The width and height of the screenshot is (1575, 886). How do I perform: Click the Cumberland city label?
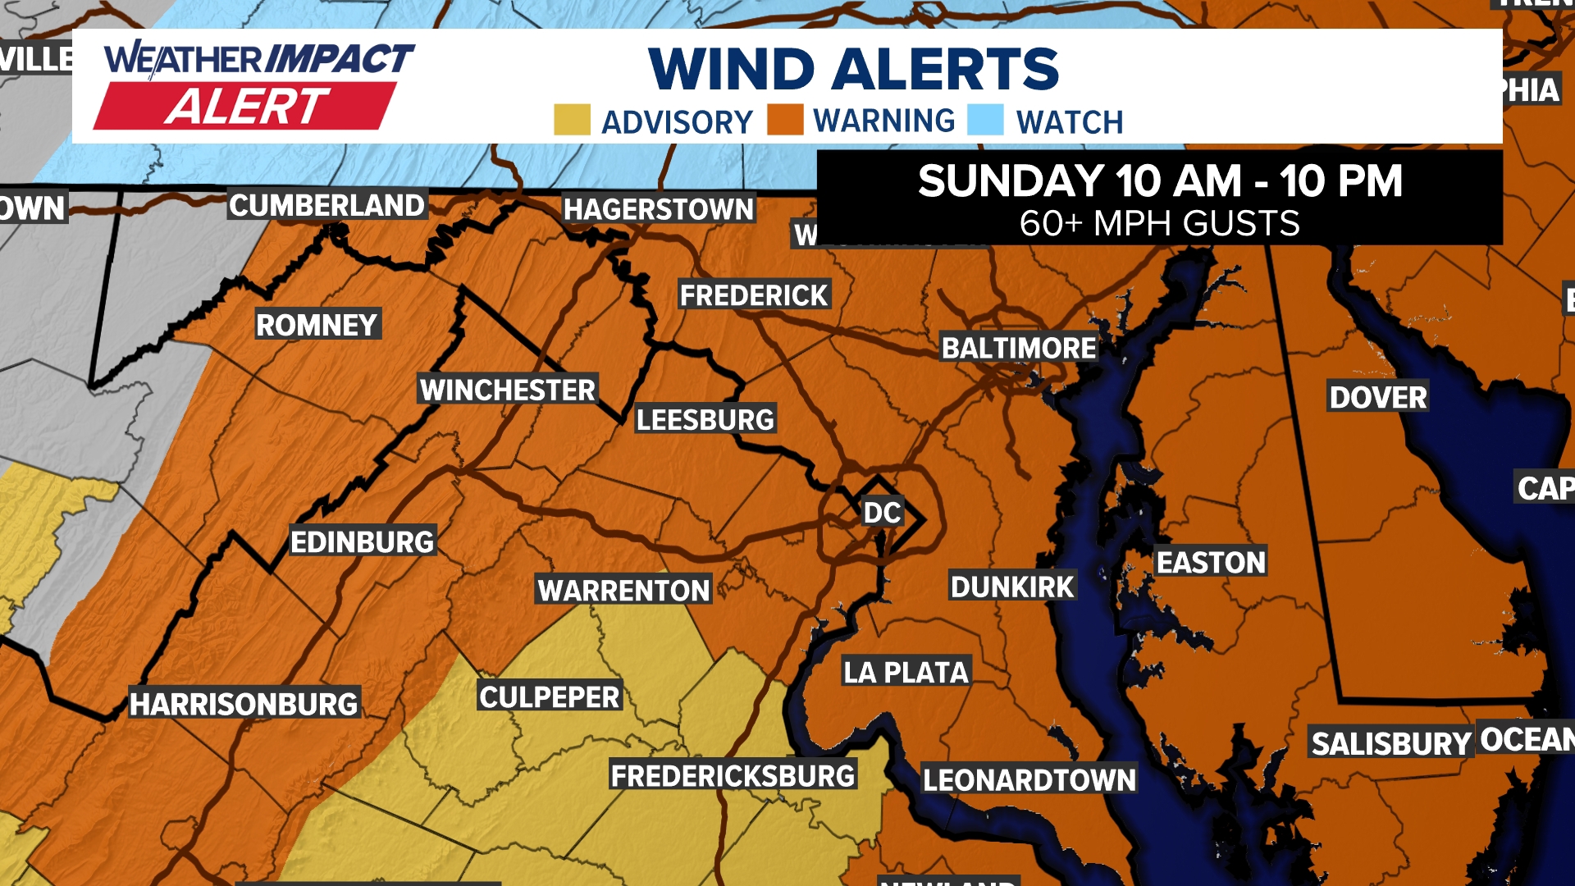326,205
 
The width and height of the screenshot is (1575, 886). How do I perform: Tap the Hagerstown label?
658,209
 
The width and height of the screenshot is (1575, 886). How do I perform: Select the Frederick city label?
754,295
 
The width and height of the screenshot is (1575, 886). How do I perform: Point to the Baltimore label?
1018,348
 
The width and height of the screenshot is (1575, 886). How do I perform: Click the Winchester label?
508,390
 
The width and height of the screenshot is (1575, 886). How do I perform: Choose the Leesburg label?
705,420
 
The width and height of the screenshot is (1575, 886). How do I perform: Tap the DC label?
882,513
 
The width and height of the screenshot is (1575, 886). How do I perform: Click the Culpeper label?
550,697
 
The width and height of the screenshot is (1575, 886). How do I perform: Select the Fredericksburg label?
733,775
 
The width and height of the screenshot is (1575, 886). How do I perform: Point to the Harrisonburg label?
244,704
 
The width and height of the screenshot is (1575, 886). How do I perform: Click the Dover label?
1378,398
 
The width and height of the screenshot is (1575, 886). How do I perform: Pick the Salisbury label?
1390,743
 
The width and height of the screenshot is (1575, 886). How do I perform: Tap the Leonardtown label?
1029,779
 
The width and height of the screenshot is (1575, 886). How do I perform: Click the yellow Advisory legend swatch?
572,120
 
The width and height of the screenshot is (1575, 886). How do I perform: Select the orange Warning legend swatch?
785,120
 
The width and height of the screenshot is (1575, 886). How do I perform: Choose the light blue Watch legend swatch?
985,120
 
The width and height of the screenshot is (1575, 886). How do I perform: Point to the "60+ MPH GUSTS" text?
1159,223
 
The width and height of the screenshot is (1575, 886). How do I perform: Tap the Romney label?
317,325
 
